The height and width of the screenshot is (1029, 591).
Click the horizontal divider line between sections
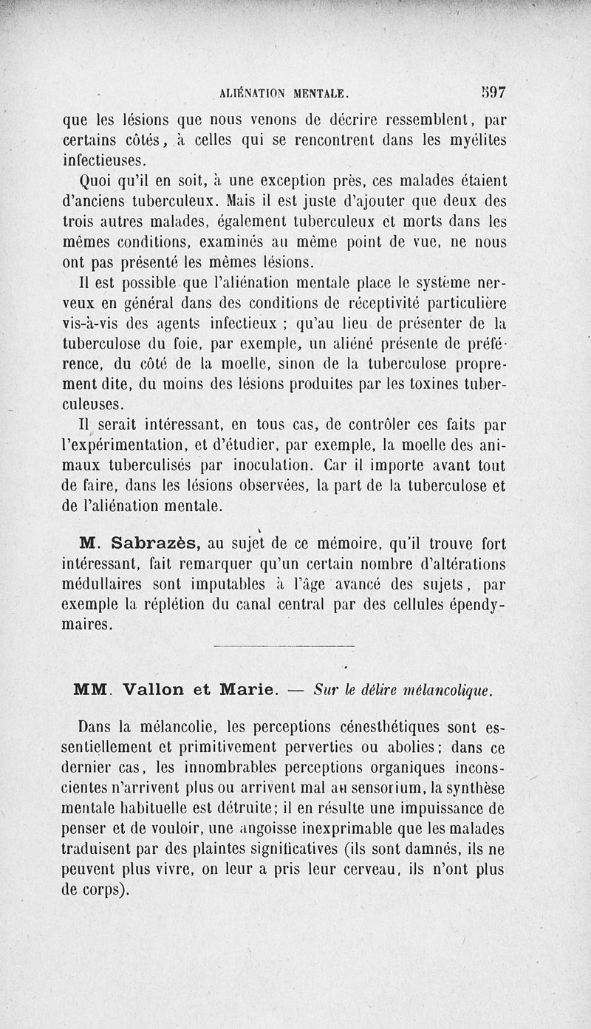284,648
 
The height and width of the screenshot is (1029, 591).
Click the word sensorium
398,788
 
